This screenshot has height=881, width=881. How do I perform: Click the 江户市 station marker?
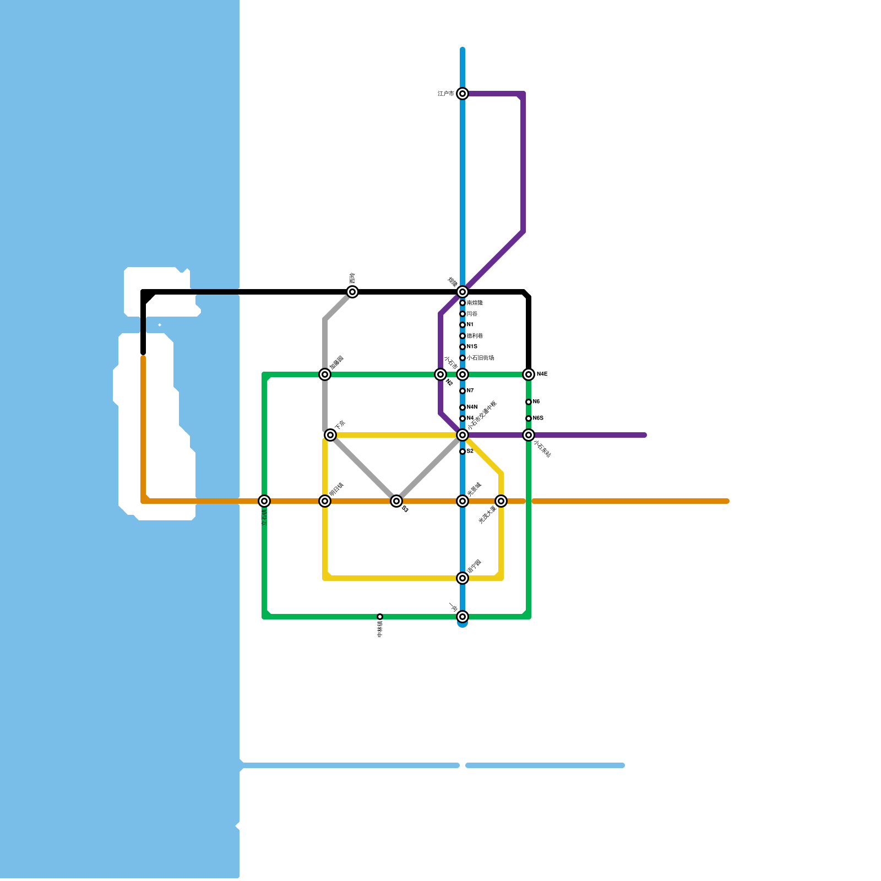pyautogui.click(x=463, y=94)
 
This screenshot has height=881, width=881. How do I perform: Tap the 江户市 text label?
pyautogui.click(x=445, y=94)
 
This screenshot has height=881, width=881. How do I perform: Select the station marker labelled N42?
pyautogui.click(x=529, y=374)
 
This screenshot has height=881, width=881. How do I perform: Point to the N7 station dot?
pyautogui.click(x=463, y=391)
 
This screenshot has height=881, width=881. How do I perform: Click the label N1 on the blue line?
pyautogui.click(x=470, y=325)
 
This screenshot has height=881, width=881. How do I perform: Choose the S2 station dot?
pyautogui.click(x=463, y=452)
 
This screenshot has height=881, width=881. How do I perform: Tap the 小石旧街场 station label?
pyautogui.click(x=480, y=358)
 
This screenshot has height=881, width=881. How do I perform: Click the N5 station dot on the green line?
pyautogui.click(x=529, y=402)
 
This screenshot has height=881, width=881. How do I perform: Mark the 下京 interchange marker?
pyautogui.click(x=330, y=435)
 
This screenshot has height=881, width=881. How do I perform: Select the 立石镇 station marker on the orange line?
pyautogui.click(x=264, y=501)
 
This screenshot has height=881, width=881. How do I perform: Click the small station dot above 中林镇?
pyautogui.click(x=380, y=617)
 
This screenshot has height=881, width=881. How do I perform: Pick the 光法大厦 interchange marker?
pyautogui.click(x=501, y=501)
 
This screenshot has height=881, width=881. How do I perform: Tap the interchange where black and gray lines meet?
pyautogui.click(x=352, y=292)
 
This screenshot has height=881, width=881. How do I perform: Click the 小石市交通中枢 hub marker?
pyautogui.click(x=463, y=435)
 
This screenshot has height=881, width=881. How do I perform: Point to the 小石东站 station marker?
pyautogui.click(x=529, y=435)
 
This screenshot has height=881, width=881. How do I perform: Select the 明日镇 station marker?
pyautogui.click(x=325, y=501)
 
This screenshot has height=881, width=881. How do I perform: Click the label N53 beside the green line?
pyautogui.click(x=538, y=418)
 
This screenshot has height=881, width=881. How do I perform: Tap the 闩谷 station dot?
pyautogui.click(x=463, y=314)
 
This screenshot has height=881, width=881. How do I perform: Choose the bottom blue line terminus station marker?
pyautogui.click(x=463, y=617)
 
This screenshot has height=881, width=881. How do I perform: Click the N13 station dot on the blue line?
pyautogui.click(x=463, y=347)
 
